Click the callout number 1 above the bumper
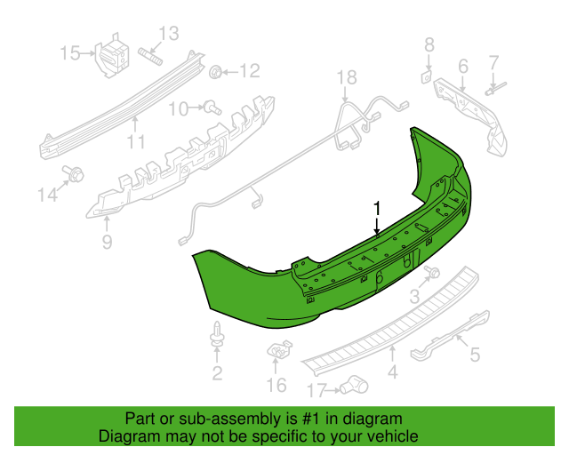[x=377, y=209]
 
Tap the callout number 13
[x=169, y=34]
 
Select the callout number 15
[x=70, y=53]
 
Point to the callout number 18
[x=347, y=77]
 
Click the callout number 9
[x=107, y=242]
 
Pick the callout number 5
[x=475, y=355]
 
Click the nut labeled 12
[x=215, y=72]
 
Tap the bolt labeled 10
[x=212, y=108]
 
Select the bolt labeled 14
[x=73, y=174]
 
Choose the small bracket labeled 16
[x=279, y=349]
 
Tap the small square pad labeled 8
[x=426, y=77]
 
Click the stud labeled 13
[x=150, y=56]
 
